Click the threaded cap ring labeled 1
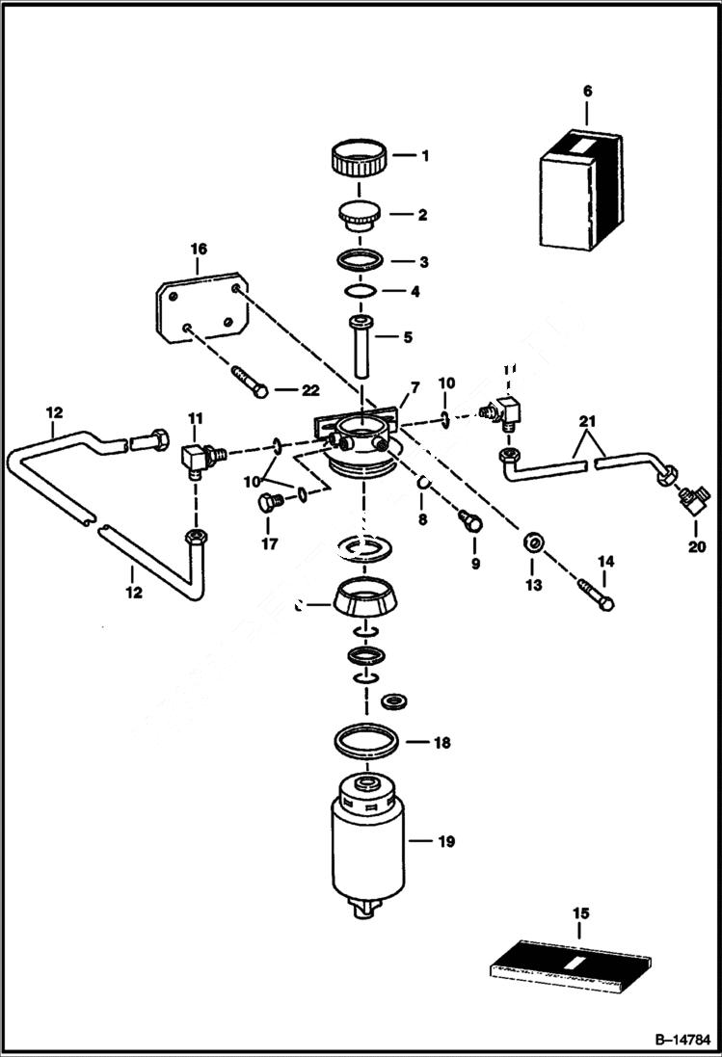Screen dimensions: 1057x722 (359, 157)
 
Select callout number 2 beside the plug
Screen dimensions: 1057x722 (421, 216)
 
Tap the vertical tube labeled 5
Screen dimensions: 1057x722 (362, 347)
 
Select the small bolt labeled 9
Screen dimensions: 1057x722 (470, 521)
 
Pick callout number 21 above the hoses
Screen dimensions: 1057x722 (588, 421)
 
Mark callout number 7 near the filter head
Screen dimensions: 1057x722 (414, 387)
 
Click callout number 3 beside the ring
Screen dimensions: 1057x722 (421, 262)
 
